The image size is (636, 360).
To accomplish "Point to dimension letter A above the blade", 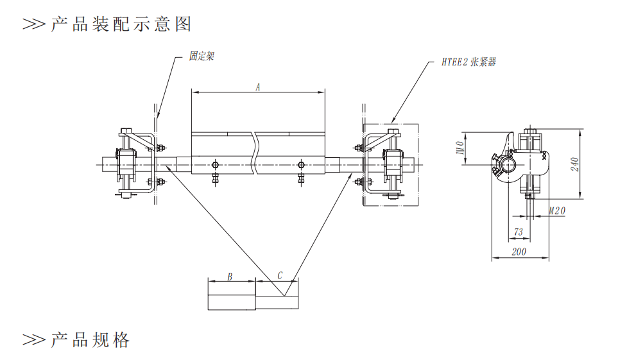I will [x=258, y=86].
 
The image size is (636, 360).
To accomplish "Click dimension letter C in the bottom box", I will [x=280, y=276].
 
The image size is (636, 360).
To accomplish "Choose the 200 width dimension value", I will [x=519, y=252].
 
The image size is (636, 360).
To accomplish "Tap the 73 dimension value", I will [x=519, y=232].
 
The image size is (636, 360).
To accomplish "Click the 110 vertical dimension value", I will [x=460, y=148].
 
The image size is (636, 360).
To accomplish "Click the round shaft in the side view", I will [x=510, y=166].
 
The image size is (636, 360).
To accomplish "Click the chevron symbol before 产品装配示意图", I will [x=34, y=24].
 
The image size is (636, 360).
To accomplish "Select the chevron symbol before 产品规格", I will [x=34, y=339].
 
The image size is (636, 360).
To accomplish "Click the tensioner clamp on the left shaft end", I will [x=125, y=164].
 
